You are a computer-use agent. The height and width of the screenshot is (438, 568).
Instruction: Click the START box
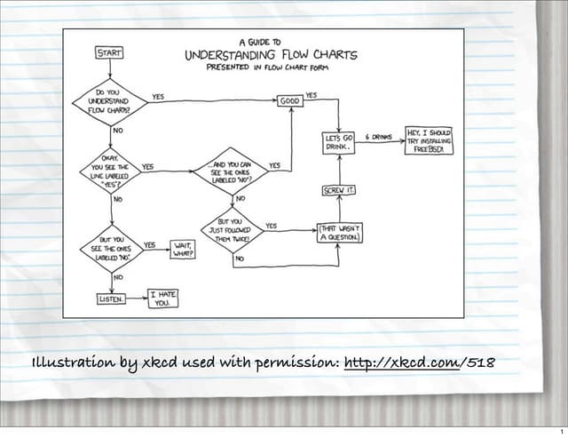pos(109,52)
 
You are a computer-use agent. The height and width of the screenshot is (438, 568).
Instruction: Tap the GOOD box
pos(290,102)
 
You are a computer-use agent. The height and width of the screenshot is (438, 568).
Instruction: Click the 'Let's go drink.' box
pos(339,142)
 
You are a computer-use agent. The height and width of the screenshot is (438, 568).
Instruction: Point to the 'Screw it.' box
pos(338,191)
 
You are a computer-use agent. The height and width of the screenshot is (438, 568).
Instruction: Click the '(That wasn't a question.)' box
pos(339,233)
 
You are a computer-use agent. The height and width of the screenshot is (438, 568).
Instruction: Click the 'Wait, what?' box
pos(184,249)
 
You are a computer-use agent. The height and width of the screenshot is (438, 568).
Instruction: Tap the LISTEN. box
pos(111,299)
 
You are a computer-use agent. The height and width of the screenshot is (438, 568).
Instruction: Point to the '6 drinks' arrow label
pos(379,138)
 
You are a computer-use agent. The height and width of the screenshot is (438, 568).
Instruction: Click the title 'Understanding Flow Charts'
pos(271,55)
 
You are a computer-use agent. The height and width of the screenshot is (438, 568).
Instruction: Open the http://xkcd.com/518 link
pos(419,363)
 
